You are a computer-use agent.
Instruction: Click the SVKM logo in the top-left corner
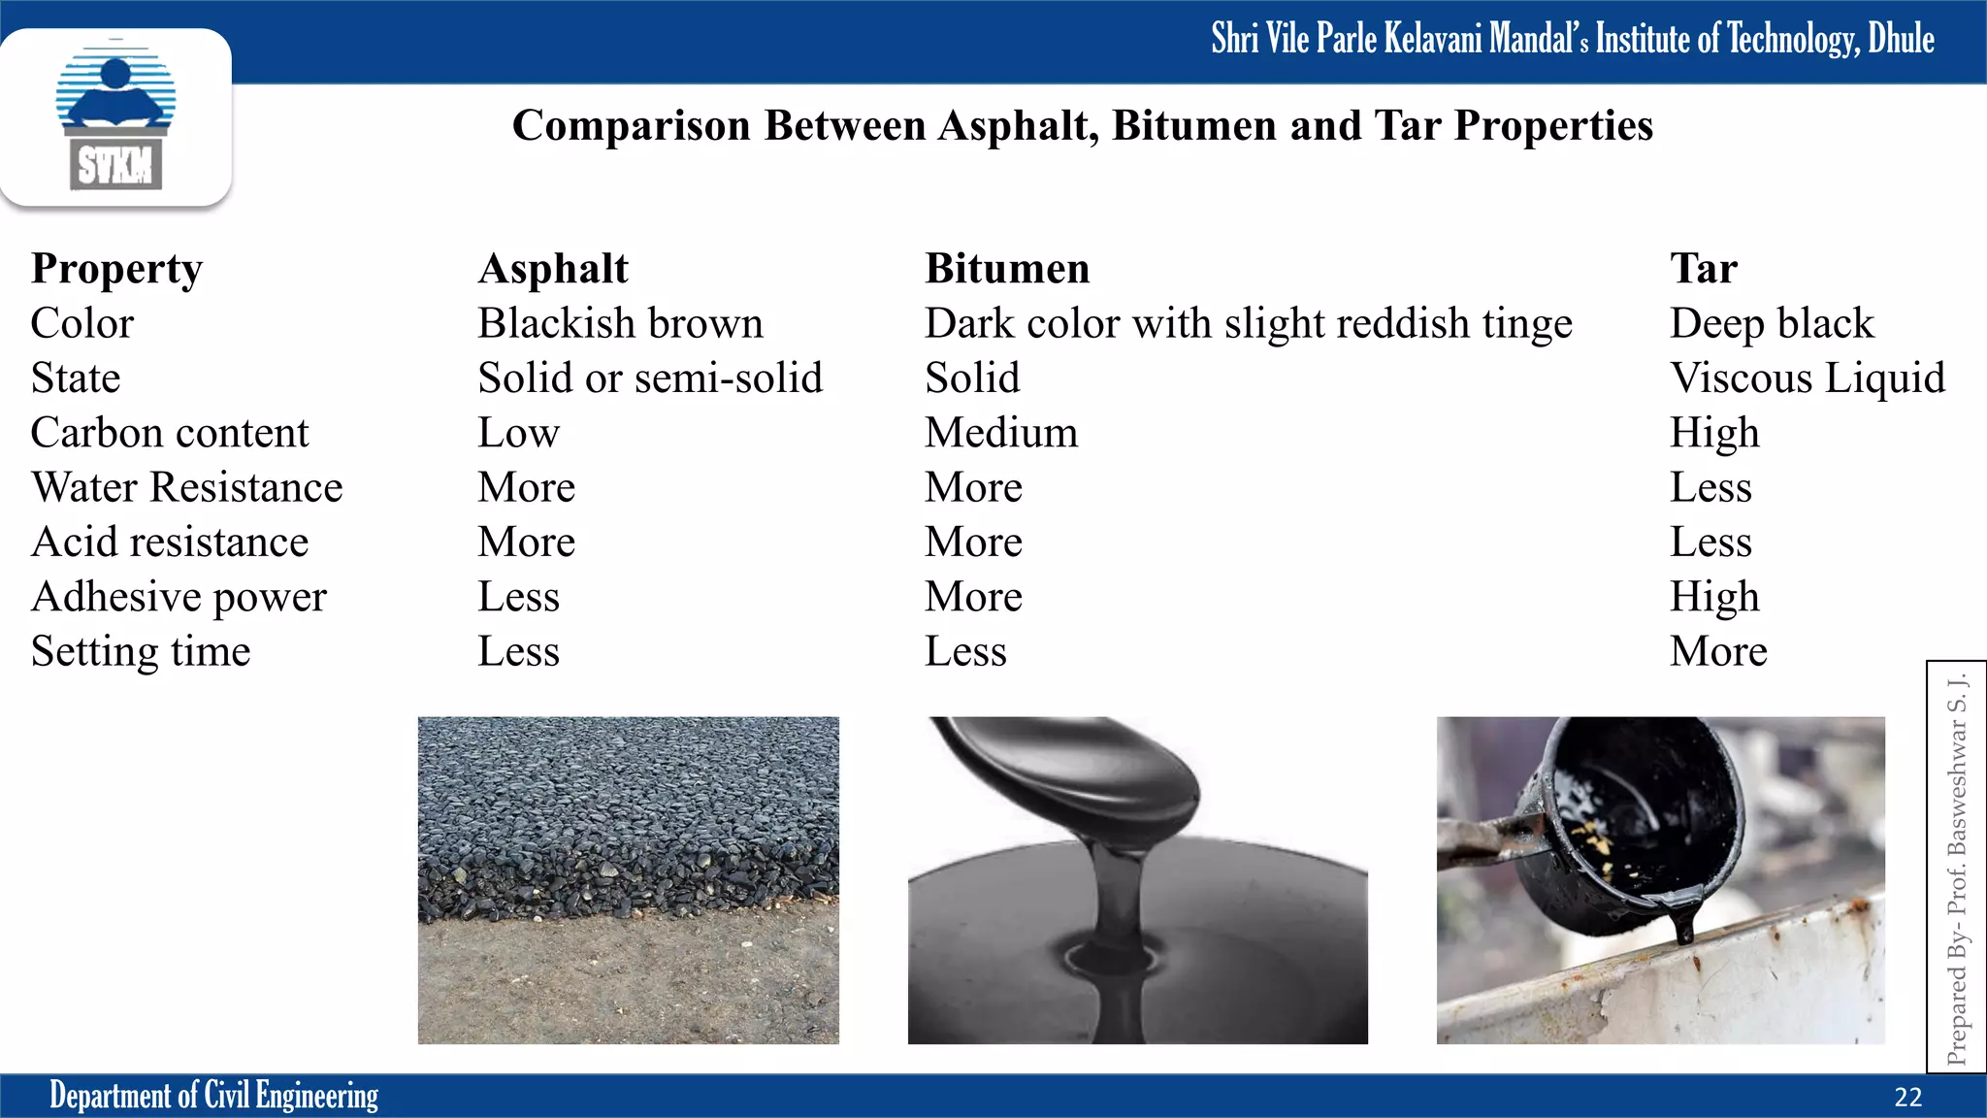point(115,117)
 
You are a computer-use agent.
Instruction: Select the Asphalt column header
point(553,269)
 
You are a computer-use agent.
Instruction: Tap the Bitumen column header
point(1007,269)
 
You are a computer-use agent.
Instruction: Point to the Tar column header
point(1704,269)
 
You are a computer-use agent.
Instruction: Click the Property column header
point(116,270)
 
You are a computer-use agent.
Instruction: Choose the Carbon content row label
point(170,433)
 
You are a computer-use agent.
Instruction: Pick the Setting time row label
point(141,651)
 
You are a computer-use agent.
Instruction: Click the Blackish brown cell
point(620,324)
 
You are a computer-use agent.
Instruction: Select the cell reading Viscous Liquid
point(1807,378)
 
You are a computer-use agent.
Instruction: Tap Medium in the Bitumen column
point(1001,433)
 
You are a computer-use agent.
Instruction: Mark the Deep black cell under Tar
point(1772,324)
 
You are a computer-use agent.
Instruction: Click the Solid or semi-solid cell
point(650,378)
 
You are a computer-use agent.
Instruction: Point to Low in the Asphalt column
point(518,433)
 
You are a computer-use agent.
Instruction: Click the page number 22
point(1907,1098)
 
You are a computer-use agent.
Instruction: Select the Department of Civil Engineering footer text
point(213,1096)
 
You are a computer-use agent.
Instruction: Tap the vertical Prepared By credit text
point(1957,869)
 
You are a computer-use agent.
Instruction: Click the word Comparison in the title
point(631,126)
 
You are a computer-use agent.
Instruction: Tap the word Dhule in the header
point(1901,39)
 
